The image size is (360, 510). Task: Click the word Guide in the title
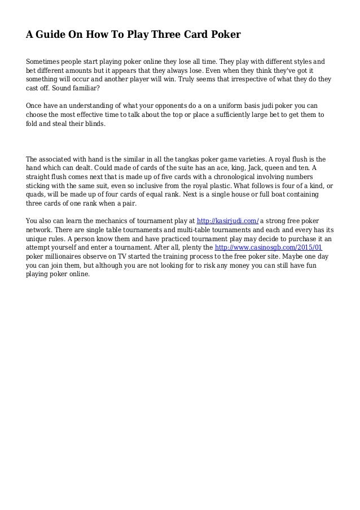pos(52,35)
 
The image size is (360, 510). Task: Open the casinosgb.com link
pos(276,247)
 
